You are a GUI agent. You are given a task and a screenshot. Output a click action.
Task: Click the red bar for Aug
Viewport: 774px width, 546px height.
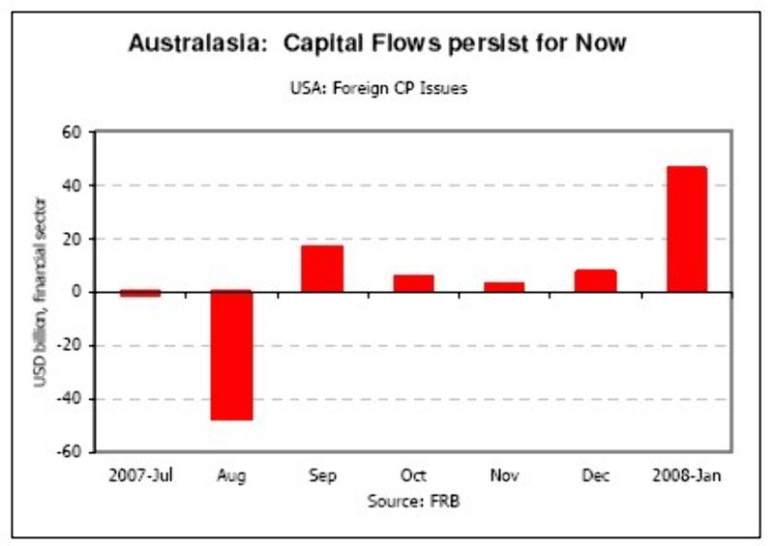pos(232,356)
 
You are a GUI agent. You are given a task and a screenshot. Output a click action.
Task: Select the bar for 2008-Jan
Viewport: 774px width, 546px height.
pos(687,229)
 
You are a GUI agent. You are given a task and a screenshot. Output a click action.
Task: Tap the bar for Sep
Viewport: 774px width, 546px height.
pos(322,269)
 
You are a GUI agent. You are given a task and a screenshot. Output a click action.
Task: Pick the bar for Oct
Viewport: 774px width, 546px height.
pos(413,283)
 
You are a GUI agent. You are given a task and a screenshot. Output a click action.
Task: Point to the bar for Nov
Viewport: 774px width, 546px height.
pos(504,287)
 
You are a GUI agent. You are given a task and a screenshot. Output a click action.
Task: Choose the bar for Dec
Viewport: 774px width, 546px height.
pos(595,280)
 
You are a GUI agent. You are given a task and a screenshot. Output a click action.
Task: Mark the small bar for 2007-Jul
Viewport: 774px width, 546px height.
pos(141,293)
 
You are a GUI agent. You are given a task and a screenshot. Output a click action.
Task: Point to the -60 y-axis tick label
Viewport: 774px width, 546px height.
pos(71,452)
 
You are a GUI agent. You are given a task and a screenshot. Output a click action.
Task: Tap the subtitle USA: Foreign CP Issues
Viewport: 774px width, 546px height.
pos(379,88)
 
